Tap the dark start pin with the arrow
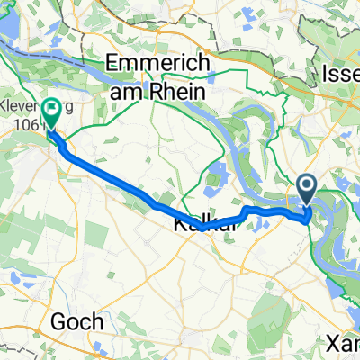(306, 190)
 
